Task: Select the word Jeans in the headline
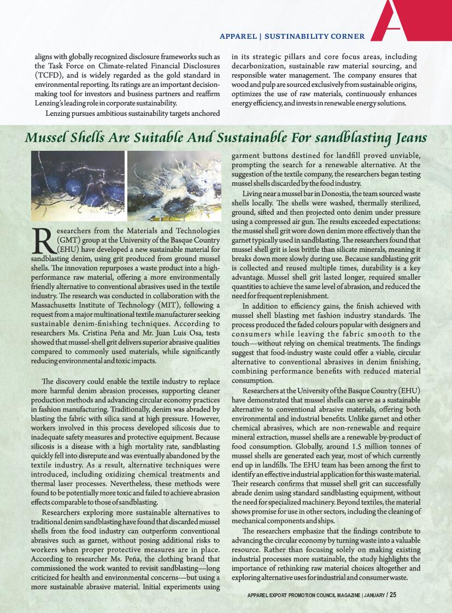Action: click(x=408, y=137)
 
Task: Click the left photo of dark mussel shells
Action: click(x=78, y=185)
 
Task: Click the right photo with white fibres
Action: click(x=174, y=185)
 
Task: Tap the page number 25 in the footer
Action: click(x=393, y=595)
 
